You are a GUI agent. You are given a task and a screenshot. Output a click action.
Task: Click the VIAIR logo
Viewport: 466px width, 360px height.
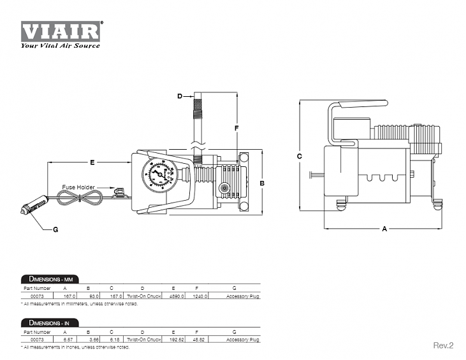[61, 31]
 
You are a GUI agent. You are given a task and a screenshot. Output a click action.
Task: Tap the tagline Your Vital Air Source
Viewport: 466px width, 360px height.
[60, 45]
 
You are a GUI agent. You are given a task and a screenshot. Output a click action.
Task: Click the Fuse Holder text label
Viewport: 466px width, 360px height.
[78, 187]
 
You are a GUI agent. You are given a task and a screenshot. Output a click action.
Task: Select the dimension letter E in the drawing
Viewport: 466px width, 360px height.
[92, 163]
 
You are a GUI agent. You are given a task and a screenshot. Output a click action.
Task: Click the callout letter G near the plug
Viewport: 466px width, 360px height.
[55, 229]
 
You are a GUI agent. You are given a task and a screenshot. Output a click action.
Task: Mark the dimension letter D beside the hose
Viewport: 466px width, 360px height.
[180, 96]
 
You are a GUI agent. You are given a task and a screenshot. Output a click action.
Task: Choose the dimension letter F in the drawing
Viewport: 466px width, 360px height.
[237, 128]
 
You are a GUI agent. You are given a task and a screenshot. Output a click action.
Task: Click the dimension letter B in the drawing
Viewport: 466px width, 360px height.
[262, 183]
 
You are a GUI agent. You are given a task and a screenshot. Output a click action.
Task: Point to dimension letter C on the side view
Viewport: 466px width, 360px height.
[299, 155]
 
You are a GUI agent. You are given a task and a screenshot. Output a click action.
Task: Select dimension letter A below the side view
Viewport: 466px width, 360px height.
[384, 229]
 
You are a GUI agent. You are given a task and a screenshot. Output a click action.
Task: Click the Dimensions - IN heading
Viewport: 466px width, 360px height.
[47, 323]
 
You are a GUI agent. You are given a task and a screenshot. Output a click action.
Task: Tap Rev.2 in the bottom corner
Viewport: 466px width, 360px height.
[443, 345]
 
